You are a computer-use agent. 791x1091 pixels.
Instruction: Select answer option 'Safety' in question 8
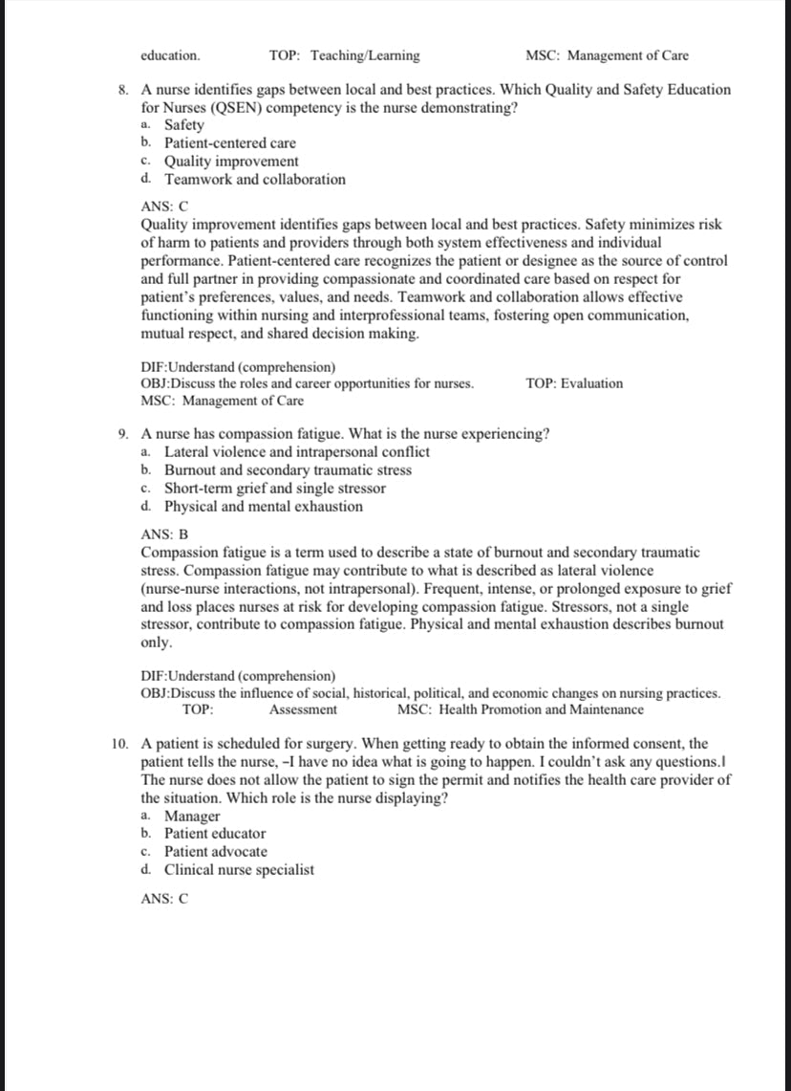click(184, 125)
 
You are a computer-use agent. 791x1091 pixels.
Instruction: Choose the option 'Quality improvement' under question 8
click(231, 162)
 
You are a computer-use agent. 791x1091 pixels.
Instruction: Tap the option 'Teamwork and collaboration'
click(255, 180)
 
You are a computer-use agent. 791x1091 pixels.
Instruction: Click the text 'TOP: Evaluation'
click(573, 383)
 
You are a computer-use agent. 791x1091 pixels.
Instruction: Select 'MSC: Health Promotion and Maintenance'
click(520, 709)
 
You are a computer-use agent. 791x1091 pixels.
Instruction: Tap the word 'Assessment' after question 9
click(303, 709)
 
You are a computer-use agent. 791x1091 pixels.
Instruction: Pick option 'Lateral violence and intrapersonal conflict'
click(297, 452)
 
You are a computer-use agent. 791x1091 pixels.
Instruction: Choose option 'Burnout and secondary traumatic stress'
click(289, 470)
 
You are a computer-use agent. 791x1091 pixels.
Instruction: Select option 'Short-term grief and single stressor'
click(275, 489)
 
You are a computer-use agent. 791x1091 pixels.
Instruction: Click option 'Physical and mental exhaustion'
click(264, 507)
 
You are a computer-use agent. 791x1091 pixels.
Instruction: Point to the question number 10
click(119, 744)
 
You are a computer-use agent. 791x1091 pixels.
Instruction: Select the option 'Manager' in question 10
click(192, 817)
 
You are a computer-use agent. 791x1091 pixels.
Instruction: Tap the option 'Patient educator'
click(215, 834)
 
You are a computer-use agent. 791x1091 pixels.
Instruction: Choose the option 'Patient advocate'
click(216, 852)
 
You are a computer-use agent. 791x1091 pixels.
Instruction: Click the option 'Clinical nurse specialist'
click(239, 870)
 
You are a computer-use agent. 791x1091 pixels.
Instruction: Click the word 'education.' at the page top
click(170, 56)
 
